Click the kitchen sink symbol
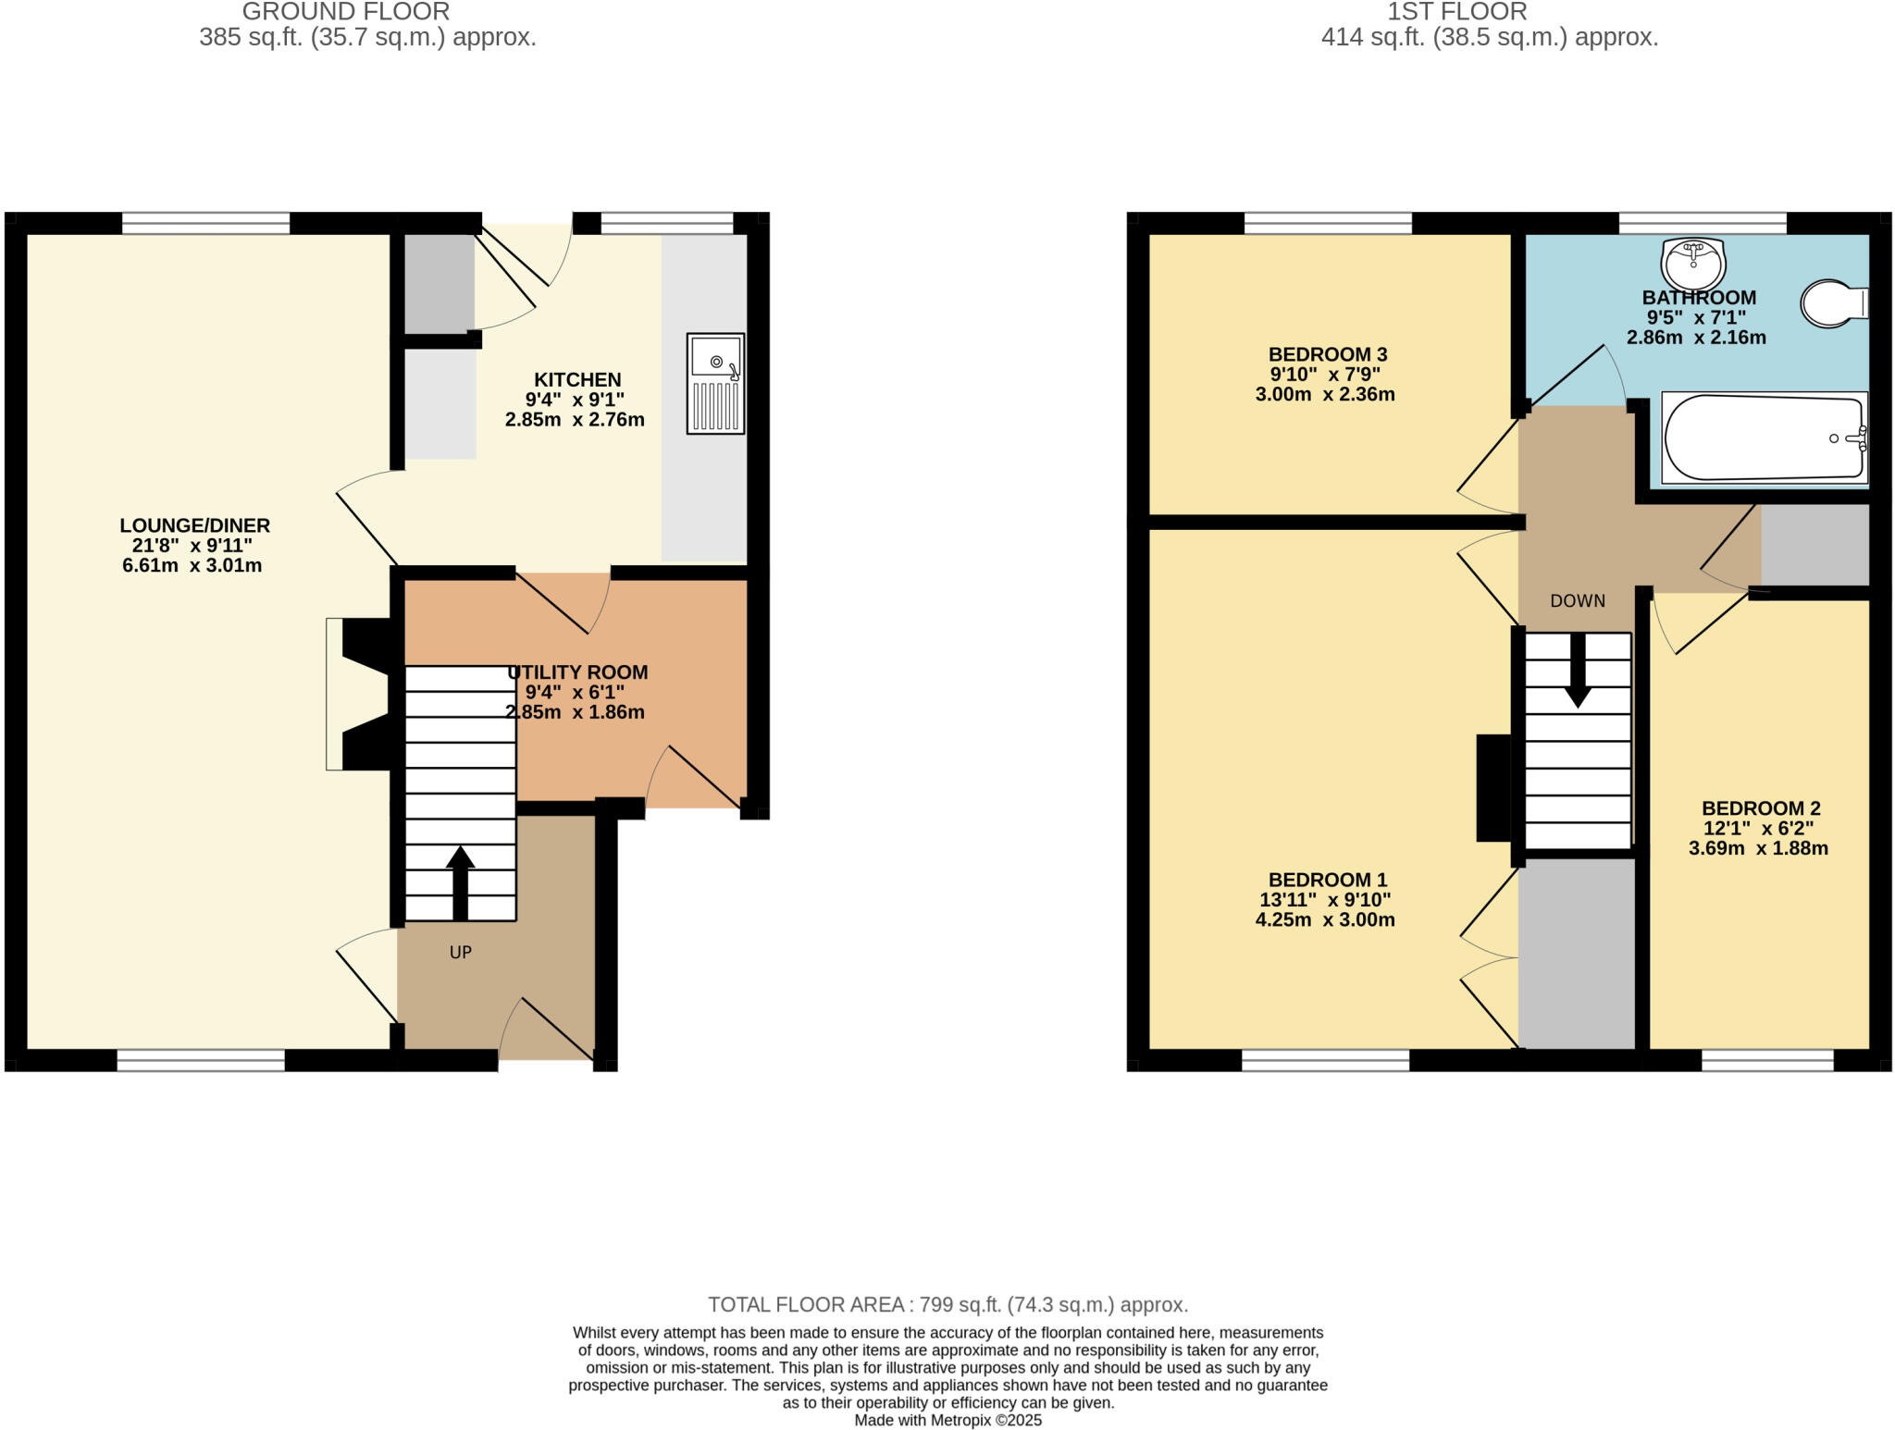(x=715, y=383)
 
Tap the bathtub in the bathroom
(x=1764, y=438)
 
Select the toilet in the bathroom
(x=1832, y=303)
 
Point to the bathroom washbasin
(x=1693, y=263)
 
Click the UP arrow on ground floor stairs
(x=460, y=881)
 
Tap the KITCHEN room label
(x=577, y=379)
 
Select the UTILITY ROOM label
(x=577, y=672)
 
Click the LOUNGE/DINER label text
(x=194, y=525)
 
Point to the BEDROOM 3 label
(x=1327, y=354)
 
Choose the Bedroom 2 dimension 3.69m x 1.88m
(x=1758, y=848)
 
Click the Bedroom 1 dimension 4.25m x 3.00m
(x=1325, y=919)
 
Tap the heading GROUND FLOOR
(x=345, y=12)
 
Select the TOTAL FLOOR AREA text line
(x=947, y=1304)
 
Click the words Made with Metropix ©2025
(x=947, y=1420)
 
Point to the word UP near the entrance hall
(x=460, y=952)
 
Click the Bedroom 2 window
(x=1767, y=1060)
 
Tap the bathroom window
(x=1702, y=223)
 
